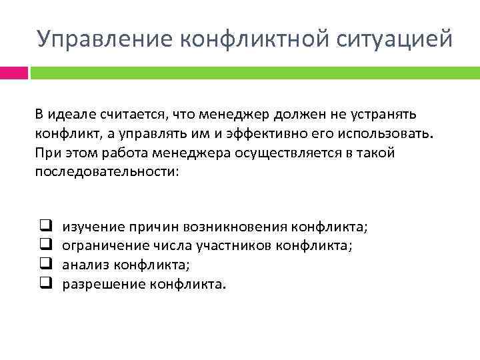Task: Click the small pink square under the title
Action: click(14, 72)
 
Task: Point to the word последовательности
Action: click(107, 171)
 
